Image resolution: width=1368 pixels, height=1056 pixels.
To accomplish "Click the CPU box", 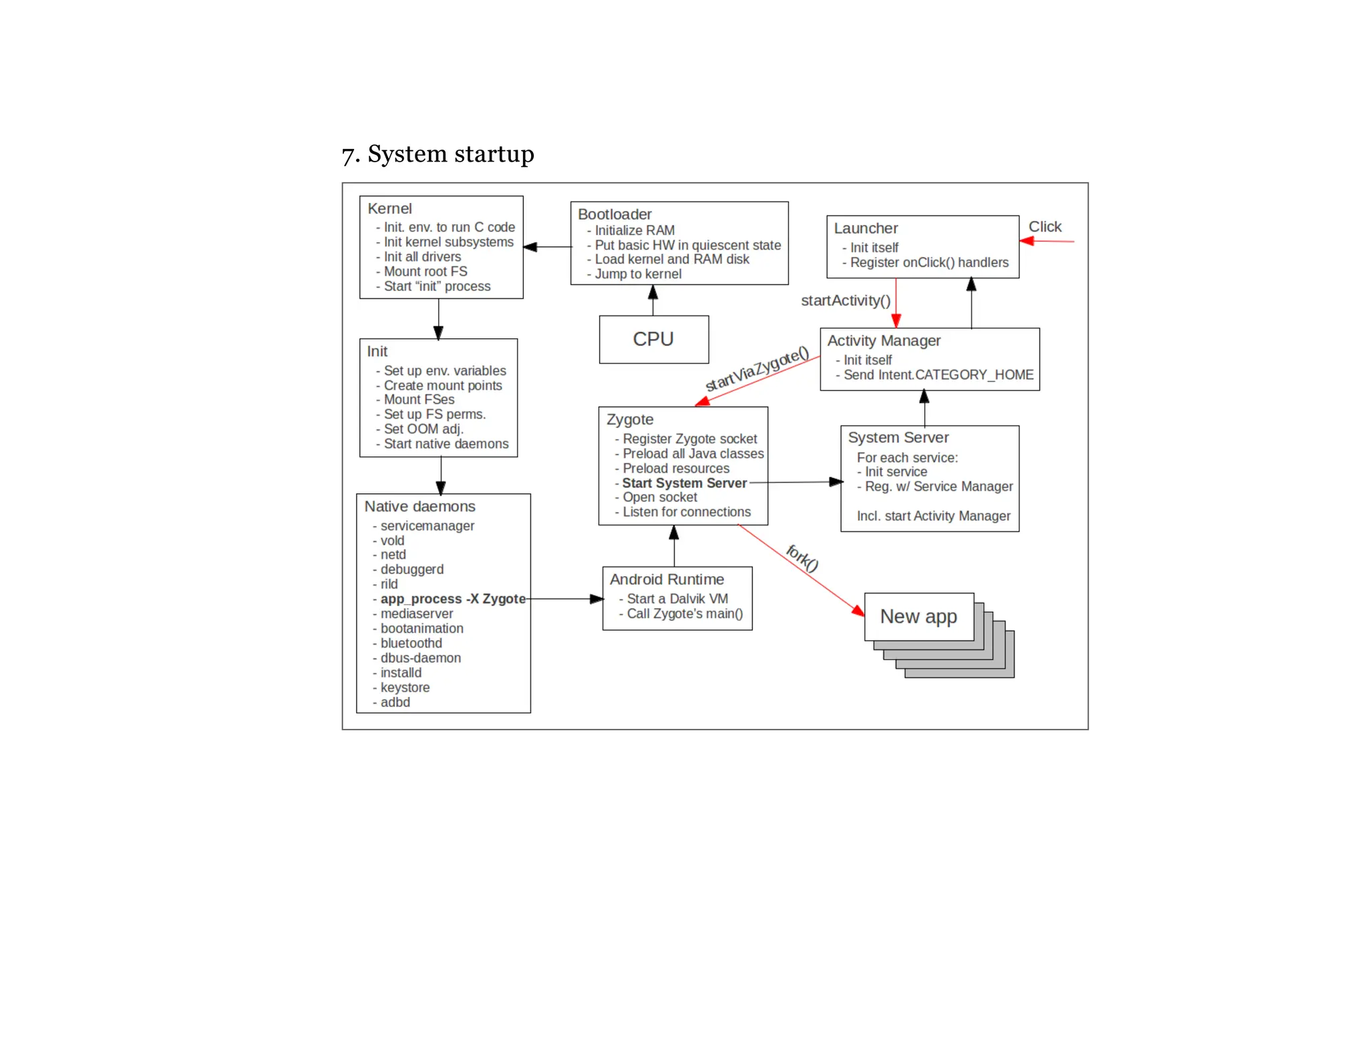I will tap(653, 339).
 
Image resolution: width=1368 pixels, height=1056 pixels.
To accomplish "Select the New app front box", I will tap(918, 616).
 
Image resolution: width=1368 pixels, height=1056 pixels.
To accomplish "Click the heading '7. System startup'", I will tap(438, 154).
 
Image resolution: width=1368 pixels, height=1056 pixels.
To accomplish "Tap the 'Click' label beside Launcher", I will tap(1045, 227).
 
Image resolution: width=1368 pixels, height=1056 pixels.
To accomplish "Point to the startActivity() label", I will tap(845, 300).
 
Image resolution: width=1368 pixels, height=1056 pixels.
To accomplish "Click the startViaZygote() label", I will tap(757, 368).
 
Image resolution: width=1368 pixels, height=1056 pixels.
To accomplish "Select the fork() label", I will tap(802, 558).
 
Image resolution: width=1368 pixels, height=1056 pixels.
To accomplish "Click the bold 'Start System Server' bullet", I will tap(684, 483).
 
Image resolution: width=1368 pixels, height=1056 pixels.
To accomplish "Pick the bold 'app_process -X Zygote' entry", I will tap(453, 599).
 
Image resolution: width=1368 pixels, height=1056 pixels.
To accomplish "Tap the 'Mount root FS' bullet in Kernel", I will tap(425, 271).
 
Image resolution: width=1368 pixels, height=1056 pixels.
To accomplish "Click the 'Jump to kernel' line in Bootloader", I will tap(638, 274).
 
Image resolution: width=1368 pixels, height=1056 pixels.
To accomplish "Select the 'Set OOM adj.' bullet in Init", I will tap(423, 429).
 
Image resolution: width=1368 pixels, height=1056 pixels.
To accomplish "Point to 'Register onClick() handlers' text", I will tap(928, 262).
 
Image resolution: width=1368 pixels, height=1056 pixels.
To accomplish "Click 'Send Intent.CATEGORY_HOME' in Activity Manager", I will tap(938, 374).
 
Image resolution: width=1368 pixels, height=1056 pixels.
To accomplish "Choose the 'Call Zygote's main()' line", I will tap(684, 613).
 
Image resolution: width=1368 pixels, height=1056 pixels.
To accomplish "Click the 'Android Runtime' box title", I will tap(667, 579).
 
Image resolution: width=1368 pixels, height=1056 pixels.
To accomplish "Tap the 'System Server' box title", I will tap(898, 437).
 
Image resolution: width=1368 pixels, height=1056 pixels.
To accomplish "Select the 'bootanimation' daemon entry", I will tap(421, 628).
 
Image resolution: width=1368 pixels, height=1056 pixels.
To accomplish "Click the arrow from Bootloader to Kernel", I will tap(548, 247).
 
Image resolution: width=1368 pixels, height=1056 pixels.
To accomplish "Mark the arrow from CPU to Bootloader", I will tap(653, 300).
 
